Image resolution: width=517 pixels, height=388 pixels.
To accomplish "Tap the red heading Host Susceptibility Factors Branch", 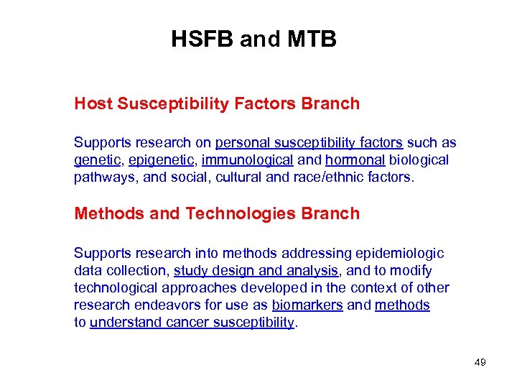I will pos(217,103).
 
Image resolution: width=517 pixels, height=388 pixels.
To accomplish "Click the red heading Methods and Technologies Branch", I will pos(217,213).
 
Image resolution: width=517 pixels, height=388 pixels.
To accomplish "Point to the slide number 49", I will pos(480,362).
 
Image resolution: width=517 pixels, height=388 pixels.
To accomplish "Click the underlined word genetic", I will pos(96,160).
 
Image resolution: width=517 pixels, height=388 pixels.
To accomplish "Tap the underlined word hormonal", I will pos(355,160).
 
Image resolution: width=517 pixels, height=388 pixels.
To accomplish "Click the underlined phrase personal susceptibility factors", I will pos(309,142).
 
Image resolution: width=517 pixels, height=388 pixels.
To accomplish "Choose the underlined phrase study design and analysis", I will pos(256,271).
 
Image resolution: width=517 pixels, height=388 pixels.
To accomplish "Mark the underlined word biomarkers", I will pos(307,305).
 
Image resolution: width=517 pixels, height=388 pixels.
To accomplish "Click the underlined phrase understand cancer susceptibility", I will pos(192,323).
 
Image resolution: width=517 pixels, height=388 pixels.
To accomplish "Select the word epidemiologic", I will pos(399,254).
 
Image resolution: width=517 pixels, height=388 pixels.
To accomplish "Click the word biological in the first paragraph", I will pos(419,160).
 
